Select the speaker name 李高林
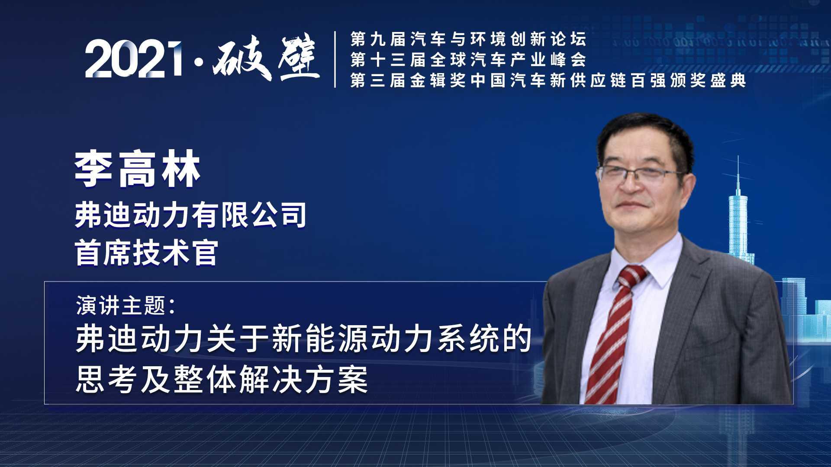pyautogui.click(x=138, y=169)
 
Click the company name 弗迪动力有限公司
pyautogui.click(x=190, y=215)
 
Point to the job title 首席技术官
pyautogui.click(x=146, y=253)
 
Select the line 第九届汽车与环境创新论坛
pyautogui.click(x=468, y=39)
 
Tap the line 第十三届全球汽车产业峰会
pyautogui.click(x=468, y=60)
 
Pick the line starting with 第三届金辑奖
pyautogui.click(x=548, y=80)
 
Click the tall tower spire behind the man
pyautogui.click(x=738, y=173)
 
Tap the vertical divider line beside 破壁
pyautogui.click(x=335, y=59)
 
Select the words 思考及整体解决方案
pyautogui.click(x=222, y=380)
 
